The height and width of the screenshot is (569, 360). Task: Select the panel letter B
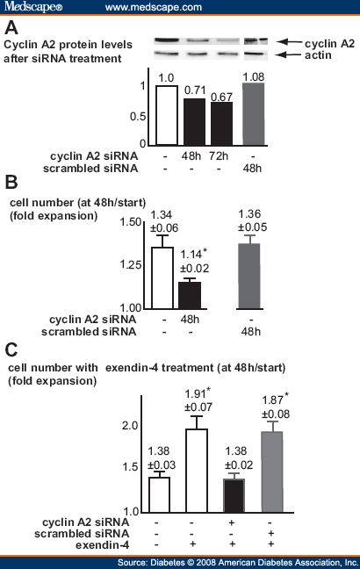[x=11, y=182]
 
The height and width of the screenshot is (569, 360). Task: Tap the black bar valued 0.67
[x=221, y=123]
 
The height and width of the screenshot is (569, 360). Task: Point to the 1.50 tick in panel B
[x=129, y=223]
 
